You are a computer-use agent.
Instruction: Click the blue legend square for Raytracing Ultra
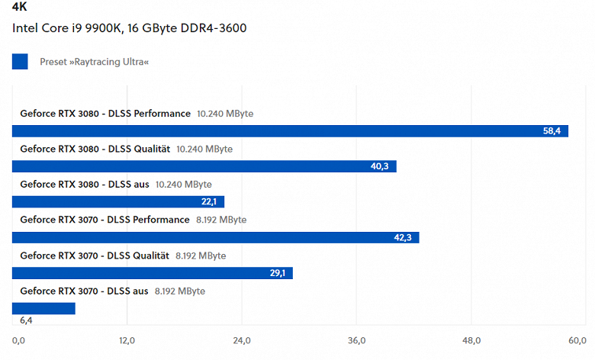[x=20, y=61]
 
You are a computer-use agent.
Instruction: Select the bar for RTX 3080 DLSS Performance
[x=290, y=131]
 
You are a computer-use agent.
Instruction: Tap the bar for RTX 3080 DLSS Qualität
[x=204, y=166]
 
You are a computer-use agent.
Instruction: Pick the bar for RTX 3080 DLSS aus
[x=118, y=202]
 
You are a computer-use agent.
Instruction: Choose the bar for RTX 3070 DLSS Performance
[x=215, y=237]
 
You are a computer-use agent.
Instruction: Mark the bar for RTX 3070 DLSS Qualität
[x=153, y=273]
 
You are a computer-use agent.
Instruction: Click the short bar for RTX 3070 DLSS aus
[x=43, y=308]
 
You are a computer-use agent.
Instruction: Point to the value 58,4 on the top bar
[x=552, y=131]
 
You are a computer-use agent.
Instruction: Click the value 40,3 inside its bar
[x=380, y=166]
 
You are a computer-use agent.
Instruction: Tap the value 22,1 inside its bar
[x=209, y=202]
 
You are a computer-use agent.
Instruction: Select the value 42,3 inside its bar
[x=403, y=237]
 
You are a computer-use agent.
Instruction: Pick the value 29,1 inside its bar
[x=277, y=273]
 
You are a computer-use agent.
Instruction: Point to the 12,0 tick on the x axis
[x=127, y=340]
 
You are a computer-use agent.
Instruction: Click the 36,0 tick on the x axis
[x=357, y=340]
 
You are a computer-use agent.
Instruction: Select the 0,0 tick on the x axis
[x=19, y=340]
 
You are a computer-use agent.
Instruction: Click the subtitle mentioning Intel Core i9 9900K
[x=129, y=28]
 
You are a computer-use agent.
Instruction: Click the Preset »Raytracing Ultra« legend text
[x=94, y=61]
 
